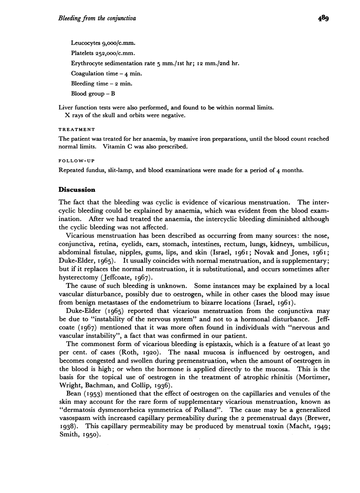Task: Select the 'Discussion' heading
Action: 77,190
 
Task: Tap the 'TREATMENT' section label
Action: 77,129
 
